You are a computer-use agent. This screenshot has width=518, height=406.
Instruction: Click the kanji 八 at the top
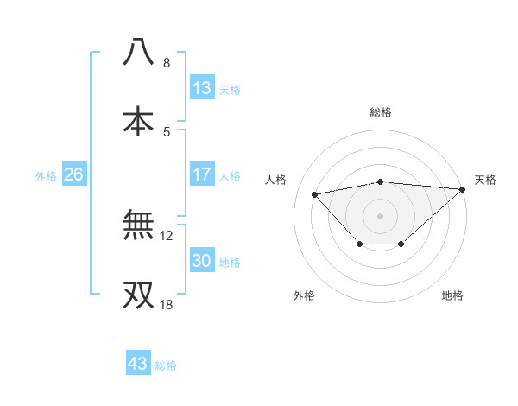(x=138, y=53)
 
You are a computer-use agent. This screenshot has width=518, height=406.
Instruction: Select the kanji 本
(x=138, y=120)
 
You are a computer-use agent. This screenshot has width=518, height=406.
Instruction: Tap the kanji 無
(x=138, y=225)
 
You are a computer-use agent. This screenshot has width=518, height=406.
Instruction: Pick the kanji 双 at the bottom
(x=138, y=294)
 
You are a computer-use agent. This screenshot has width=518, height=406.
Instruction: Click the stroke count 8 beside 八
(x=166, y=63)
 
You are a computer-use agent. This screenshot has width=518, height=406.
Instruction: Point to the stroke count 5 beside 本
(x=166, y=131)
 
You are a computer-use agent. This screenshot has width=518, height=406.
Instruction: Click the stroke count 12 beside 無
(x=167, y=236)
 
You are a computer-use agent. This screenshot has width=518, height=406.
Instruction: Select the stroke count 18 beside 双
(x=167, y=304)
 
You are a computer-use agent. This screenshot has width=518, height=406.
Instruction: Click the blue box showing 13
(x=202, y=88)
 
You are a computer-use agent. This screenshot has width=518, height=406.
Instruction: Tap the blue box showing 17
(x=202, y=174)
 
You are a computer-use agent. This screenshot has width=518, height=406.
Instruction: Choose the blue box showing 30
(x=202, y=261)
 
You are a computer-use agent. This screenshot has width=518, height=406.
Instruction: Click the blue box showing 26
(x=73, y=174)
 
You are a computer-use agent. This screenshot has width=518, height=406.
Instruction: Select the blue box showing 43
(x=138, y=364)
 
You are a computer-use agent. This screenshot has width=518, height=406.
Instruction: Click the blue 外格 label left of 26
(x=46, y=175)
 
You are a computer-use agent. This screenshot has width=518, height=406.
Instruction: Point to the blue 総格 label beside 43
(x=166, y=365)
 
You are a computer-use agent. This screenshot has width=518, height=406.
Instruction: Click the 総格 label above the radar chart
(x=381, y=112)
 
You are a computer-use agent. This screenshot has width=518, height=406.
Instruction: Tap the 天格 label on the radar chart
(x=485, y=180)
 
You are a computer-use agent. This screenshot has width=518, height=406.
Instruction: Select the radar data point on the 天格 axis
(x=464, y=189)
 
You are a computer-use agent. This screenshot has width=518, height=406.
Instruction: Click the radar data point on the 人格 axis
(x=315, y=193)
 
